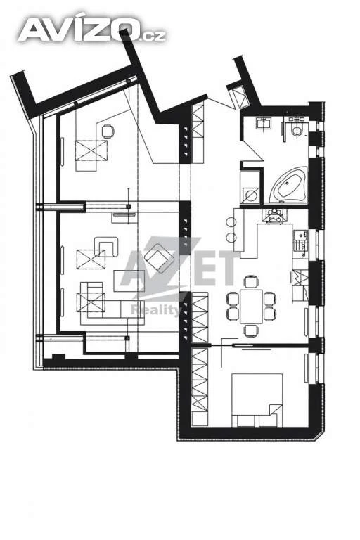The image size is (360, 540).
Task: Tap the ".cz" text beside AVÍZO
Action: [153, 35]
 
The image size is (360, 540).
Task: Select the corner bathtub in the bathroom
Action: [288, 185]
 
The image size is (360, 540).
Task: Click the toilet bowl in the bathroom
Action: [296, 129]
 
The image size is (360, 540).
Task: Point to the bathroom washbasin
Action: [264, 123]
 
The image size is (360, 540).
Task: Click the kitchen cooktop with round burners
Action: [274, 216]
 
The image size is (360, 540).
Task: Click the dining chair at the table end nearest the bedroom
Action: [251, 330]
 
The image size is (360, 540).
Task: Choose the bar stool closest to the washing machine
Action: [231, 221]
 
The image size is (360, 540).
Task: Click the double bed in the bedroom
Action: [257, 400]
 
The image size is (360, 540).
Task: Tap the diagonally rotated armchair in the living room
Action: [158, 257]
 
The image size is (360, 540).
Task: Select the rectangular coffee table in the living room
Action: [129, 281]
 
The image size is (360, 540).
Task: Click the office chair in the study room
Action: [108, 131]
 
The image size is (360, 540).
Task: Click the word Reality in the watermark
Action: [155, 310]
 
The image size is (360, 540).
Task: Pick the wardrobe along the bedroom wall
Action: [200, 387]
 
